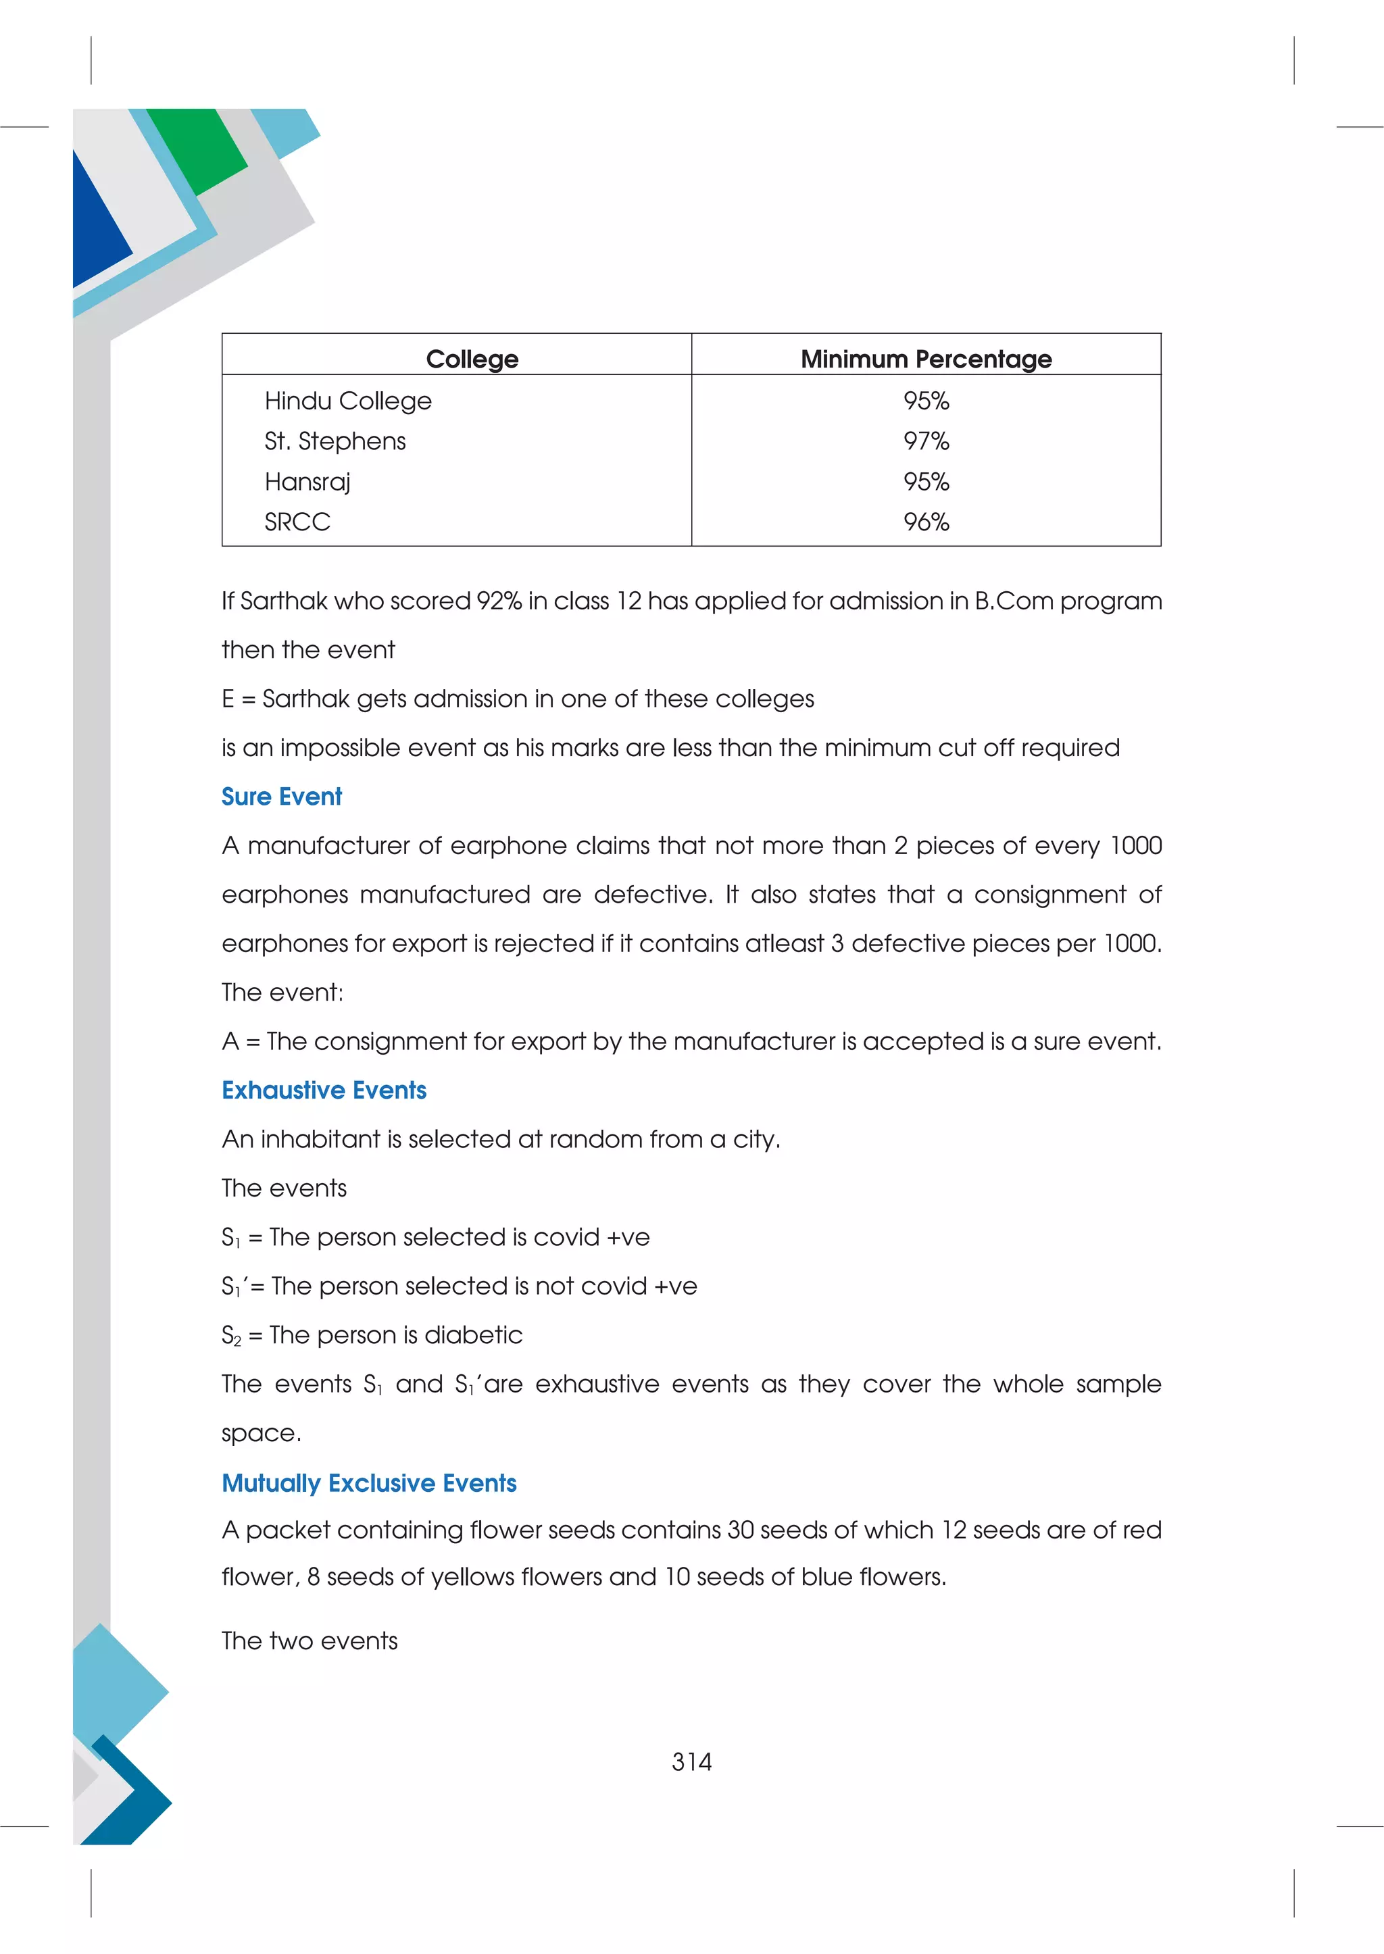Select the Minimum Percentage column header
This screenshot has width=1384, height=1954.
coord(926,359)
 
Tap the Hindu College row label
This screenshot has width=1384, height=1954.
coord(348,401)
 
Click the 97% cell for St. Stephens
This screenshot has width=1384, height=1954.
coord(926,441)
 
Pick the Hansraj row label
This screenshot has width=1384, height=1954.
coord(307,482)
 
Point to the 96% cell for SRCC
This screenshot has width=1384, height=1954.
coord(926,522)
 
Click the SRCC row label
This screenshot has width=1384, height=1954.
coord(297,522)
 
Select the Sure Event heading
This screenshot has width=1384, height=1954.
coord(281,796)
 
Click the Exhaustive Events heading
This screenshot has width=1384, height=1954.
coord(324,1090)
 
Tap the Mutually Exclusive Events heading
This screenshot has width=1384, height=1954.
coord(369,1483)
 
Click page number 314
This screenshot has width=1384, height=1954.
coord(691,1761)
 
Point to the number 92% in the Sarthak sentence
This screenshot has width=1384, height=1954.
coord(499,601)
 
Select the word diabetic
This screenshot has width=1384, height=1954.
coord(473,1334)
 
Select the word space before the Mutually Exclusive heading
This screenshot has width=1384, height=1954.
coord(260,1433)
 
